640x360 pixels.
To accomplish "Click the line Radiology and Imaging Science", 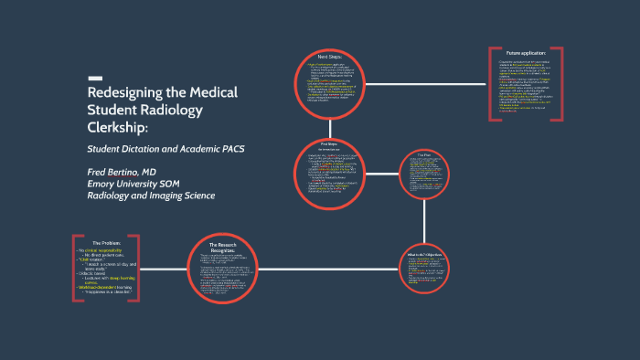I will [150, 196].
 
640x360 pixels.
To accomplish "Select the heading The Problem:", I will [108, 242].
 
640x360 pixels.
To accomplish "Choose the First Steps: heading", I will [328, 143].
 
